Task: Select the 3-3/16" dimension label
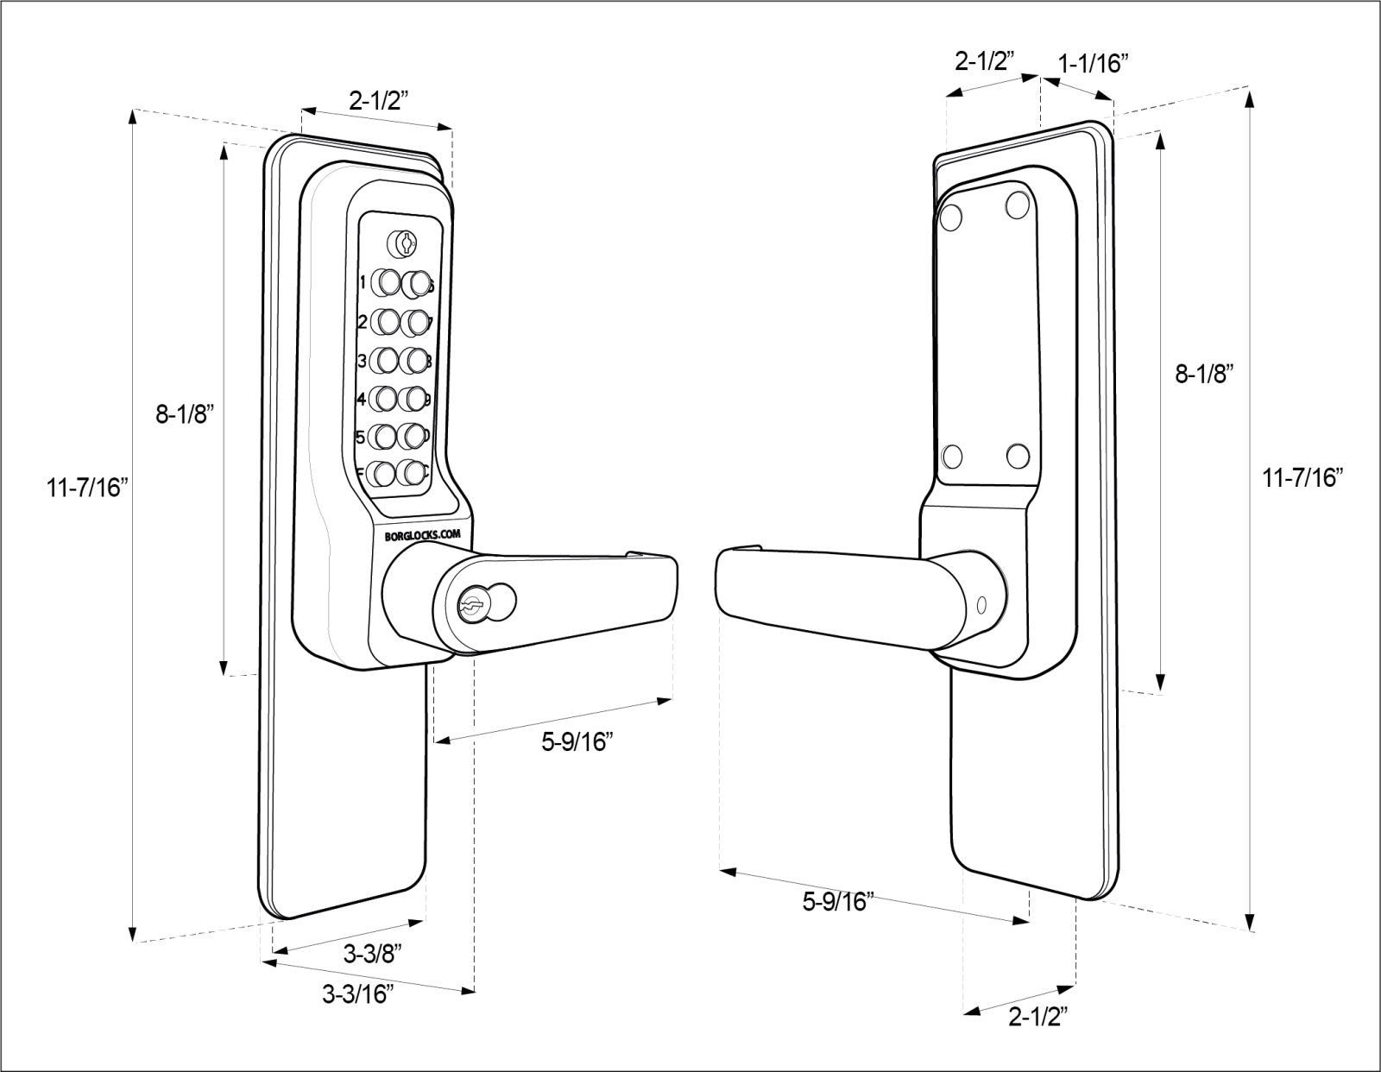click(358, 994)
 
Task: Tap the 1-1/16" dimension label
click(1094, 63)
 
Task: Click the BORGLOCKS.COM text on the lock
click(422, 535)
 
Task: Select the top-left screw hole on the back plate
click(952, 217)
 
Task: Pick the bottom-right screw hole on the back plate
click(1018, 455)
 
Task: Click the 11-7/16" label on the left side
click(87, 489)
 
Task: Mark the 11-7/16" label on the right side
click(1303, 476)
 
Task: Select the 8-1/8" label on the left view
click(184, 415)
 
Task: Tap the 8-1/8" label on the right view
click(1204, 374)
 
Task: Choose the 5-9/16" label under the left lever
click(577, 741)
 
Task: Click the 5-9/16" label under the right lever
click(838, 902)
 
